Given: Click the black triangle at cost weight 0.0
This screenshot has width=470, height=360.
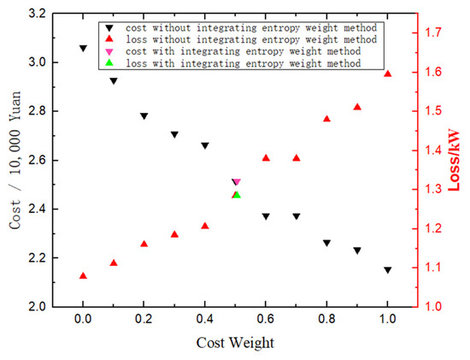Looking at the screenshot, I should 83,49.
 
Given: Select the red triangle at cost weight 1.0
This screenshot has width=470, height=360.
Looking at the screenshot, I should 387,74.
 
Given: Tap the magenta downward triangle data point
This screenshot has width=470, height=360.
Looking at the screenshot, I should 237,182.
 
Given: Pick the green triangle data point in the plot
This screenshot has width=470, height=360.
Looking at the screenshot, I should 237,195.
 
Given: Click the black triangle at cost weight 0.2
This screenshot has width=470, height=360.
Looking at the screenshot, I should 144,116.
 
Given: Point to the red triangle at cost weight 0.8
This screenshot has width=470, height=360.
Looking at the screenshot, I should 326,119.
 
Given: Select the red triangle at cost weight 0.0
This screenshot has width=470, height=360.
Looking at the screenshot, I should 83,275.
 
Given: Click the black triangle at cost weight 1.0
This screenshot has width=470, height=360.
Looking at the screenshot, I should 387,270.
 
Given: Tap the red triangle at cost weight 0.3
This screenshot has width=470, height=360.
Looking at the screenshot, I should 174,233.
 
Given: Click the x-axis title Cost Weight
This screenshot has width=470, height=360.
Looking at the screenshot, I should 235,343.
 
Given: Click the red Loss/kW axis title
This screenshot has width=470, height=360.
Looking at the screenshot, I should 454,160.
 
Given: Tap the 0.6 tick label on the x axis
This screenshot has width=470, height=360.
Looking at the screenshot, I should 266,320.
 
